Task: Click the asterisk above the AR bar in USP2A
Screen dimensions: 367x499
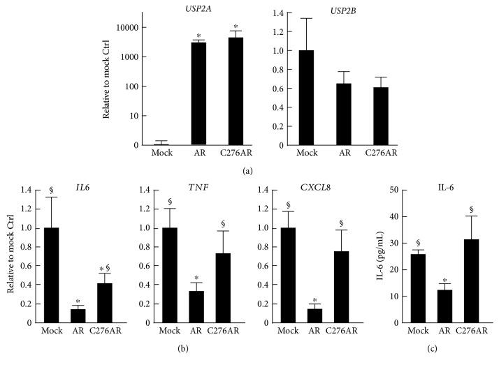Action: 198,36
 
